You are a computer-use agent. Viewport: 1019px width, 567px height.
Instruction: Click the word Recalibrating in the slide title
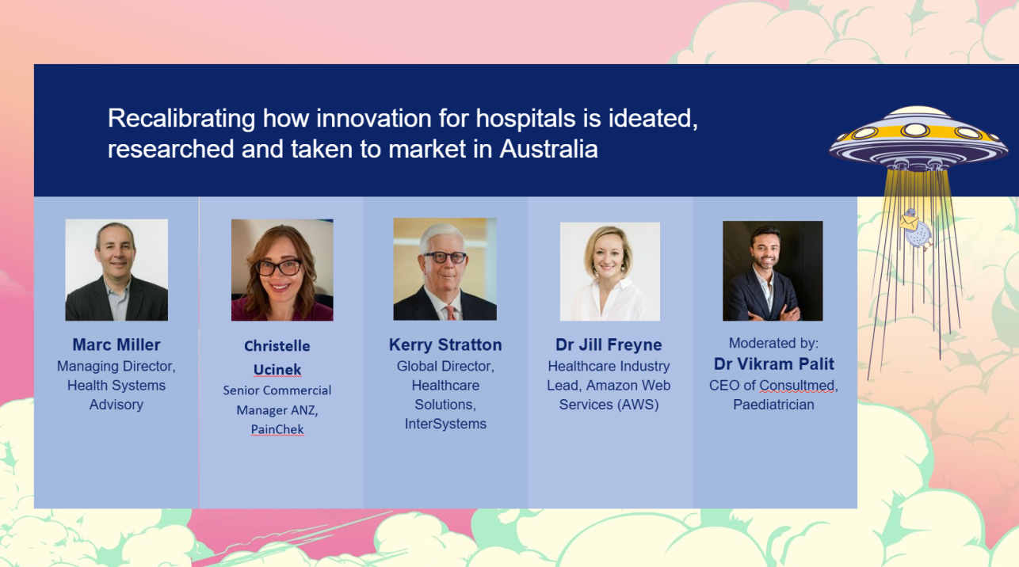181,120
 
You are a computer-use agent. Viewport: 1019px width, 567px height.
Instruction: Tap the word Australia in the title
548,149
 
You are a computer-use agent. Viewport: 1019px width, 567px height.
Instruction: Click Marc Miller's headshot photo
116,270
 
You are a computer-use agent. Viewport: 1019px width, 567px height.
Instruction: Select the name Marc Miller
116,344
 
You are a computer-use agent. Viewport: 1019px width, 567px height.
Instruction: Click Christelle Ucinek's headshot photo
282,270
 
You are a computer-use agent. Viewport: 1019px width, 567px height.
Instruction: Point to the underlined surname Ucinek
277,370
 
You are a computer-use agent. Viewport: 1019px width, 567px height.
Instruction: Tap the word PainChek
277,429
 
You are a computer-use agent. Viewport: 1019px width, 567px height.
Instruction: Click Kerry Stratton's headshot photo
445,269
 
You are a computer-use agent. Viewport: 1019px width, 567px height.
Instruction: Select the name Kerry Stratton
445,344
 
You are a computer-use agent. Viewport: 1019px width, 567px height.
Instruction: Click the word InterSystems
445,424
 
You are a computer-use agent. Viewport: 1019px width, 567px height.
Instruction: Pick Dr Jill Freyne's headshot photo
610,272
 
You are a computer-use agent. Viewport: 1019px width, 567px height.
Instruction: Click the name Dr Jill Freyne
609,344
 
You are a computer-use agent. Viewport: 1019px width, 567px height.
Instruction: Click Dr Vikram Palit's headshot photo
773,271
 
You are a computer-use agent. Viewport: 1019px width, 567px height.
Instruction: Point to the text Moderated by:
773,343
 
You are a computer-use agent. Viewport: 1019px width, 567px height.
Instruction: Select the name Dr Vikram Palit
774,363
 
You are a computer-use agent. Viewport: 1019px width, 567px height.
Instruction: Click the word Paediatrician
773,405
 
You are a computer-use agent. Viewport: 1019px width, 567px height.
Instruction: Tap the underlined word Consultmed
796,386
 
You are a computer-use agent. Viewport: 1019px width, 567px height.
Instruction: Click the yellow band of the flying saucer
917,133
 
